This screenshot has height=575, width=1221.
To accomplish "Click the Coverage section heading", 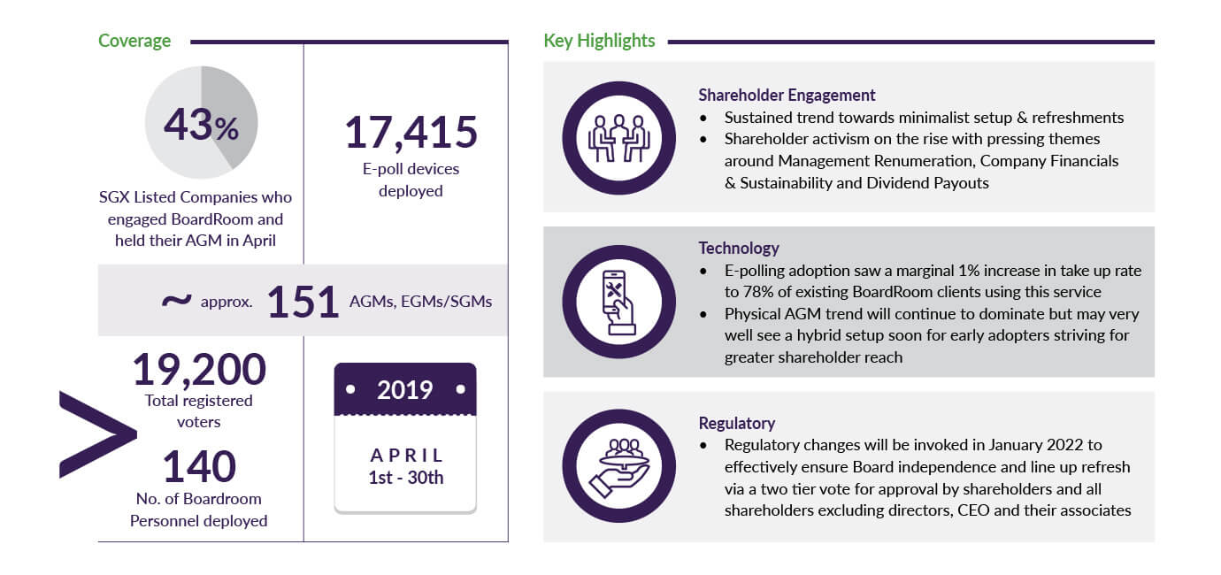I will tap(134, 41).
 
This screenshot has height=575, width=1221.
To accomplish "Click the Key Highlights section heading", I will tap(599, 41).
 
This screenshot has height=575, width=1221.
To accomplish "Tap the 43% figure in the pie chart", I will tap(201, 126).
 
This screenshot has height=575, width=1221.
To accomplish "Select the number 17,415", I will tap(411, 133).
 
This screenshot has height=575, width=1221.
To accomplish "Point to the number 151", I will tap(303, 303).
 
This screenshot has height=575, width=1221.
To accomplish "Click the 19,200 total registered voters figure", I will tap(199, 369).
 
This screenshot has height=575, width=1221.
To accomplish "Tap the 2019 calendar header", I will tap(405, 389).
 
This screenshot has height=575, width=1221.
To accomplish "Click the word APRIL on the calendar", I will tap(406, 456).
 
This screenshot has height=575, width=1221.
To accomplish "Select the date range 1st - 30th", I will tap(406, 478).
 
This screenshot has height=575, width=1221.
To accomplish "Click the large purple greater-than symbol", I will tap(96, 435).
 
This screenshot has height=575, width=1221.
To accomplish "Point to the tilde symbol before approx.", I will tap(176, 301).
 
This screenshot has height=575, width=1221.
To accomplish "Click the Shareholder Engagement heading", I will tap(787, 96).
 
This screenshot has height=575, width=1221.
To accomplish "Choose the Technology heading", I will tap(739, 248).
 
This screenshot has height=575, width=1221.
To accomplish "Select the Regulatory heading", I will tap(736, 423).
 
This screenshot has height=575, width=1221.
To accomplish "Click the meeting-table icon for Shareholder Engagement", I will tap(618, 137).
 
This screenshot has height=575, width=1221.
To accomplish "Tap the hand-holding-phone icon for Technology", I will tap(618, 302).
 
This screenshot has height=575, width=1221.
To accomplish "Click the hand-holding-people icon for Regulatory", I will tap(618, 465).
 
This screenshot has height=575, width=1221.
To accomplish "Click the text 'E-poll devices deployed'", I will tap(411, 180).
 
